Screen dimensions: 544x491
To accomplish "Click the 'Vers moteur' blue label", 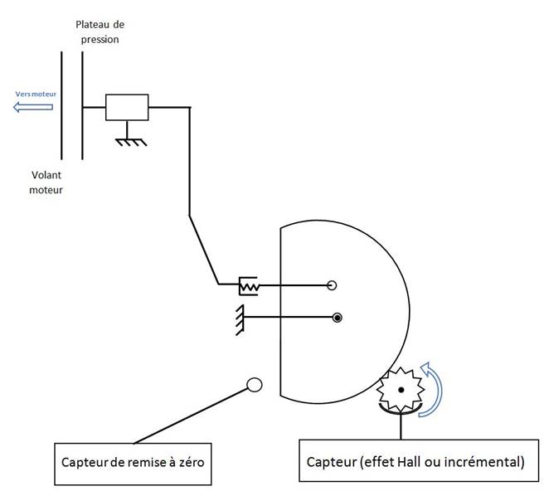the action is [36, 94].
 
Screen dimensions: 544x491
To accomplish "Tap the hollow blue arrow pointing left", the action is [33, 107].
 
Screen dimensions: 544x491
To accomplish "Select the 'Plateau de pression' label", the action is [100, 32].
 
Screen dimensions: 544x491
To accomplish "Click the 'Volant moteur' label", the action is [46, 182].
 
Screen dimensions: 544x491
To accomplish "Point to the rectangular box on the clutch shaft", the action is [127, 107].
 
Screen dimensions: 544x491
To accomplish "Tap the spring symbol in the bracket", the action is [249, 287].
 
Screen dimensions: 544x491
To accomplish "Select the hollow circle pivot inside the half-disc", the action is [332, 285].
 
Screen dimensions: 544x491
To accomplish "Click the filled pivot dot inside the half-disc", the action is [338, 318].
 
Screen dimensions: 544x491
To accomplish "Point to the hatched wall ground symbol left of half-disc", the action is [240, 320].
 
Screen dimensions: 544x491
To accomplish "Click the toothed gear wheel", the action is [401, 389].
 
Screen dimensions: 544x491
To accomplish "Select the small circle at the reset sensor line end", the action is [255, 385].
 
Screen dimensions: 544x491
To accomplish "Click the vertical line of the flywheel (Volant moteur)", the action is [61, 105].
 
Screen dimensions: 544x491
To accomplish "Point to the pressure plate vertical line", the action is [82, 105].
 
